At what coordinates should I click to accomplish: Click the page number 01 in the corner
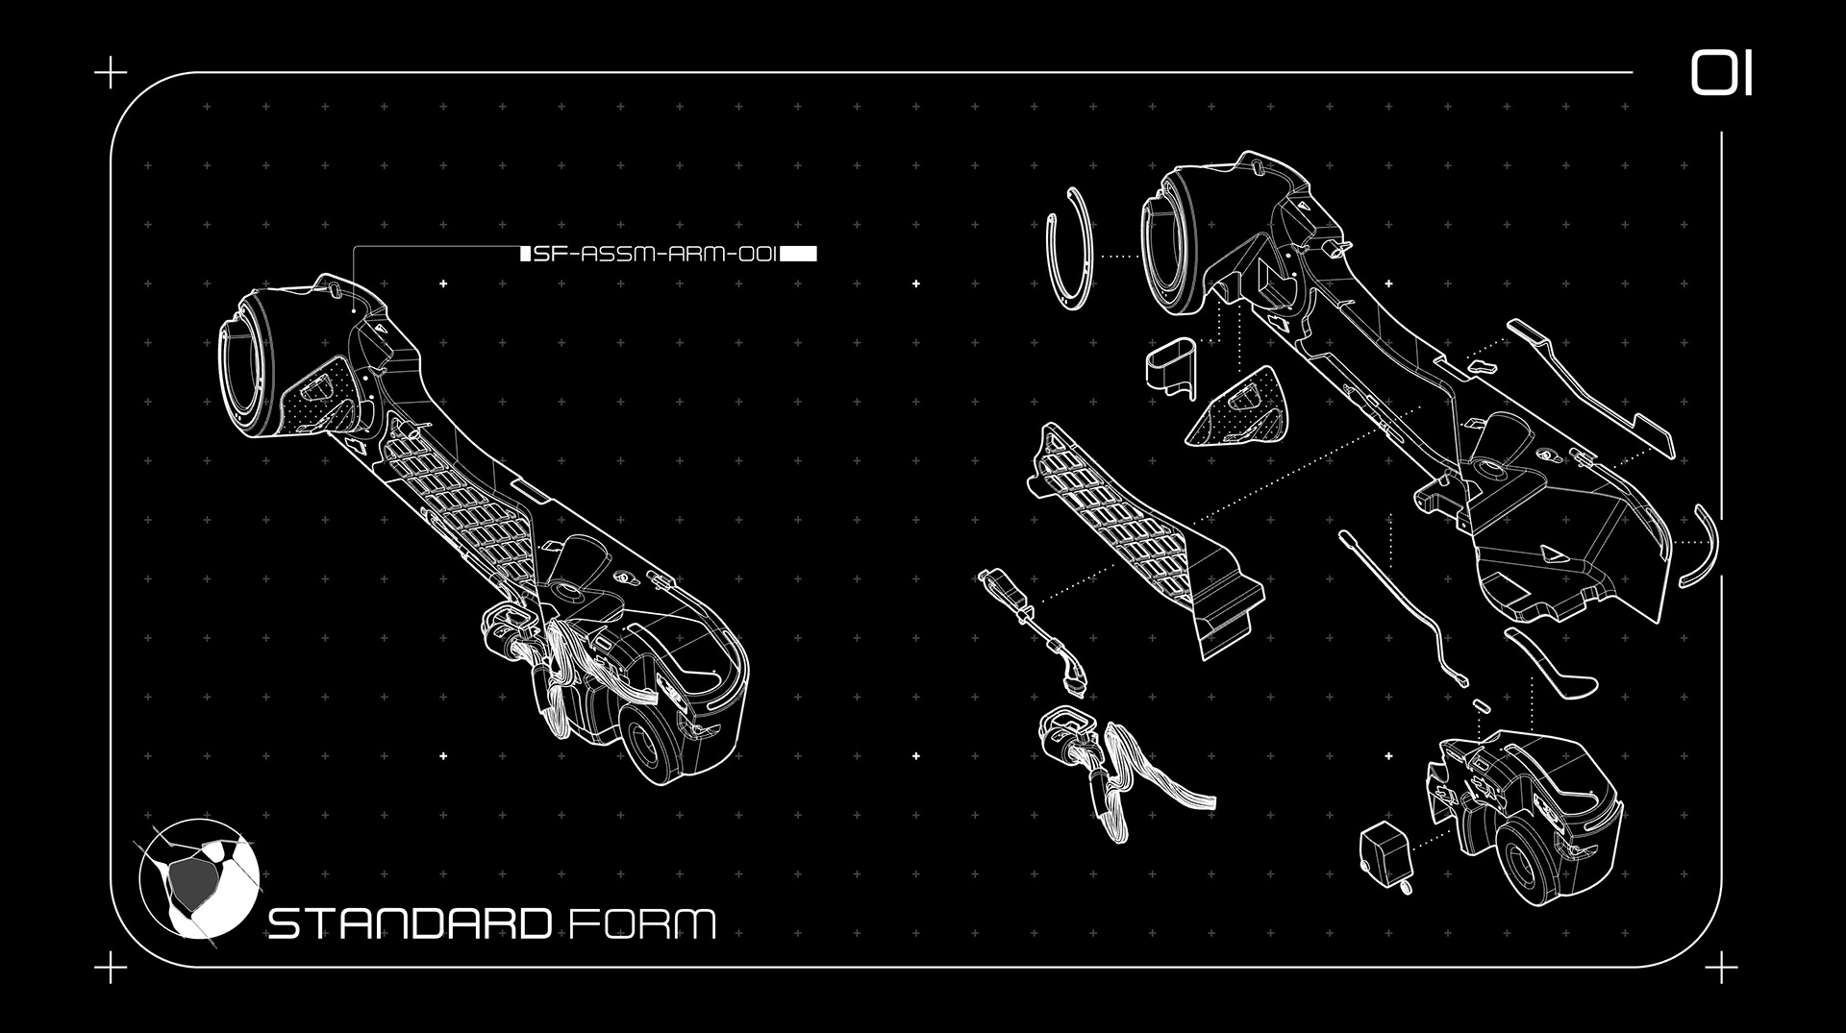[x=1721, y=74]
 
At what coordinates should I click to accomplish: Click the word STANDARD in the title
[x=410, y=923]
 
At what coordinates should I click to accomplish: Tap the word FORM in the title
[x=642, y=924]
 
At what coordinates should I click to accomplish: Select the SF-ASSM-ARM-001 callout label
[x=655, y=254]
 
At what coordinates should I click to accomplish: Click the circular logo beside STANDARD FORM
[x=198, y=878]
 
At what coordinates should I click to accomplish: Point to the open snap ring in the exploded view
[x=1069, y=249]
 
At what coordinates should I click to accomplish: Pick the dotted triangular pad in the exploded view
[x=1237, y=410]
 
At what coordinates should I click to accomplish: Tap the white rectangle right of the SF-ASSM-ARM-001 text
[x=799, y=254]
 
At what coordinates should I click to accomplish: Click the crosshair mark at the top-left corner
[x=112, y=72]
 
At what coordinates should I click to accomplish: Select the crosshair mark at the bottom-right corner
[x=1721, y=968]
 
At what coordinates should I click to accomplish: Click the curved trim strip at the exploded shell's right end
[x=1702, y=546]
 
